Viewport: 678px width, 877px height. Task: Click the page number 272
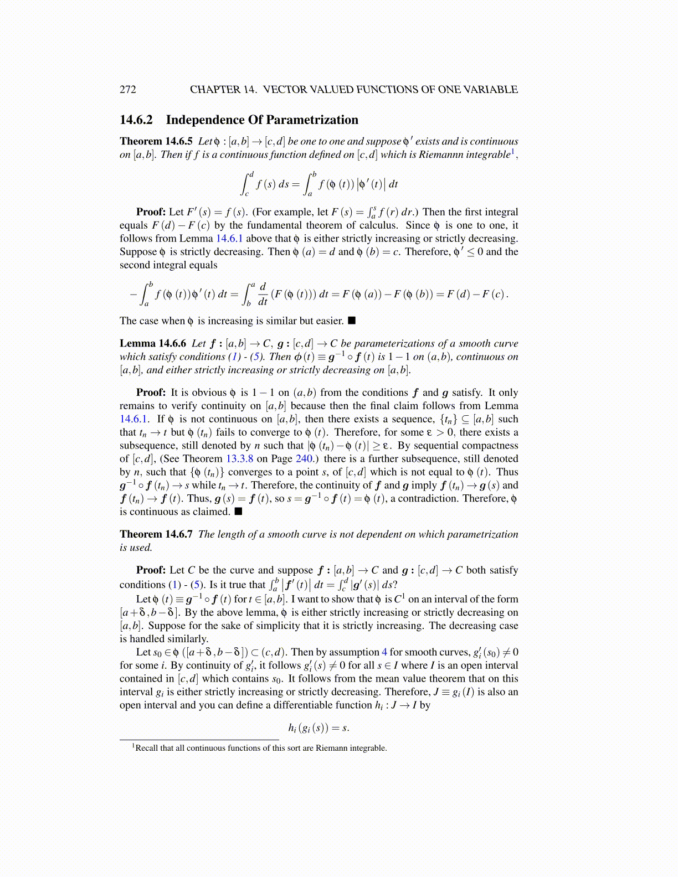pos(127,90)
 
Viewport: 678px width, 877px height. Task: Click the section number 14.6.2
pos(136,120)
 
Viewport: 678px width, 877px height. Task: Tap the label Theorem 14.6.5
pos(156,141)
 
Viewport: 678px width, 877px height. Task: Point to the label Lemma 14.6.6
pos(152,343)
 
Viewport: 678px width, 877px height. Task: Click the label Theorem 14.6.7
pos(156,534)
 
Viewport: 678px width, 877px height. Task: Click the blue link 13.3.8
pos(239,459)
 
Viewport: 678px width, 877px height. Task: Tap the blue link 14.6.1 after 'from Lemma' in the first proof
pos(229,239)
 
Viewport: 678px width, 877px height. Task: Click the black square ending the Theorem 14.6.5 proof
pos(351,321)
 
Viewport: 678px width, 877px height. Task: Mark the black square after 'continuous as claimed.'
pos(238,512)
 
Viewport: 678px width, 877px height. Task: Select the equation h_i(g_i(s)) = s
pos(318,728)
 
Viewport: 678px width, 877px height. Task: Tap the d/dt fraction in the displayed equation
pos(263,294)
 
